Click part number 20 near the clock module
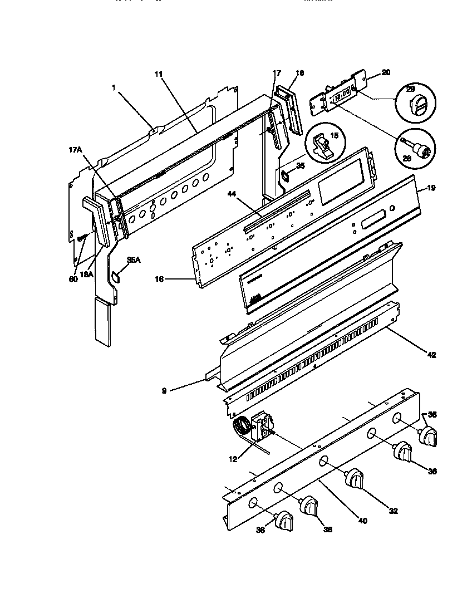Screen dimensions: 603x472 coord(386,72)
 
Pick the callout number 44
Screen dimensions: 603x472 coord(233,194)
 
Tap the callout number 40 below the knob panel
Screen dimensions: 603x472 coord(362,521)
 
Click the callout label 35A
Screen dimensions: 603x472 coord(133,260)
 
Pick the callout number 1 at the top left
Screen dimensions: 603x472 coord(114,87)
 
